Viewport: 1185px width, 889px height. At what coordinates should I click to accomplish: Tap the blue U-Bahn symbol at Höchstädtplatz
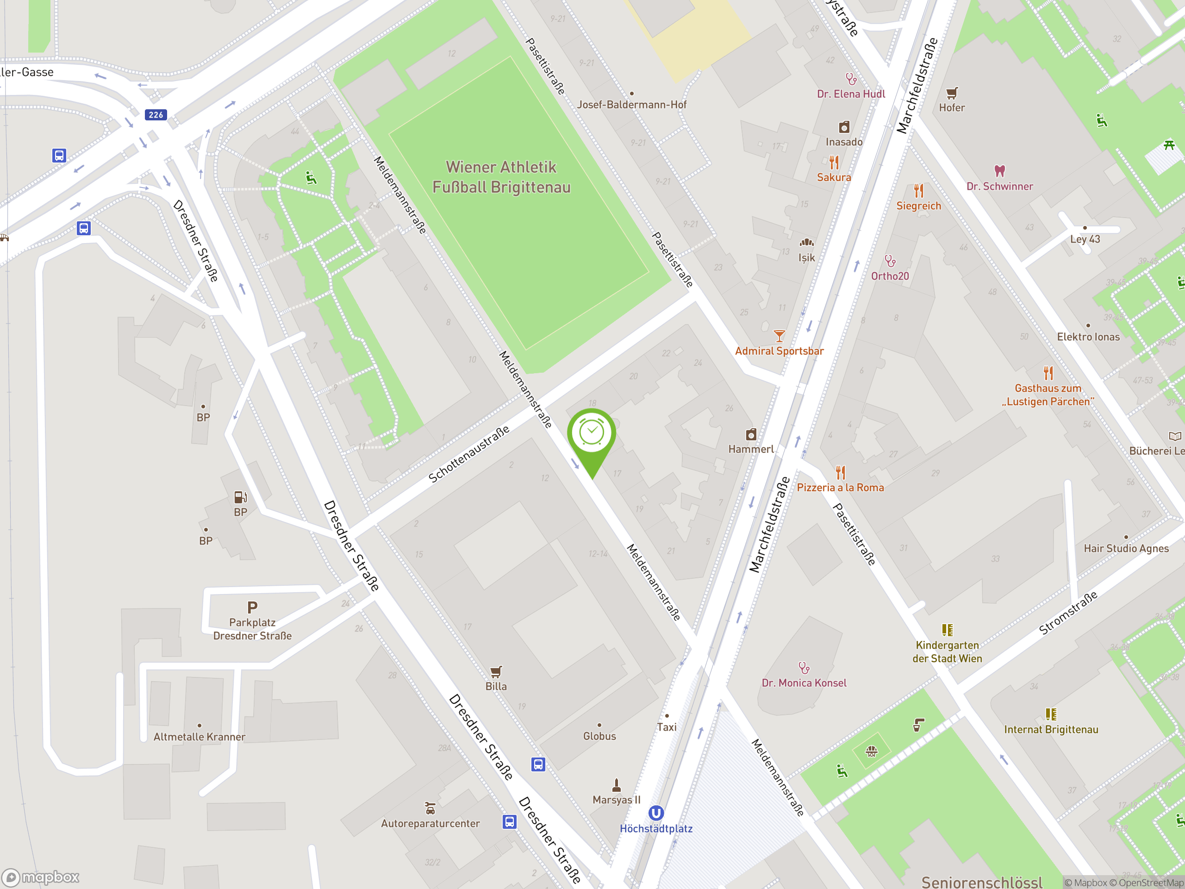[x=656, y=813]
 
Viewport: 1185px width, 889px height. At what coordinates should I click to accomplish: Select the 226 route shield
[x=156, y=115]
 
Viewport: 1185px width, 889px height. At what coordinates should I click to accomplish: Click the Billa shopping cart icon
[x=496, y=671]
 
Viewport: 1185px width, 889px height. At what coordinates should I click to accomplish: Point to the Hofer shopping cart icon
[x=951, y=93]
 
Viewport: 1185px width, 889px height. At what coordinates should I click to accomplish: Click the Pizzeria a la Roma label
[x=840, y=488]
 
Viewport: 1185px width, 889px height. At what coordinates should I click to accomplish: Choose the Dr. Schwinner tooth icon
[x=1000, y=171]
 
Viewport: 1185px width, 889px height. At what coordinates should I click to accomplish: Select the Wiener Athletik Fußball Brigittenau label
[x=501, y=177]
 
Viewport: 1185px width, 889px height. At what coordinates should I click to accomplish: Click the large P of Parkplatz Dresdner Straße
[x=252, y=607]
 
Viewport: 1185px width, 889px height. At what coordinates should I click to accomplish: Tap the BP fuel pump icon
[x=241, y=497]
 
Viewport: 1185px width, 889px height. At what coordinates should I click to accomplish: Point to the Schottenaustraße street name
[x=469, y=454]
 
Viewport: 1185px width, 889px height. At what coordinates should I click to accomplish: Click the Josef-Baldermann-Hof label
[x=631, y=105]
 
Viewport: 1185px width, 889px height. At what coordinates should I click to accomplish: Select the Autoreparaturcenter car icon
[x=430, y=808]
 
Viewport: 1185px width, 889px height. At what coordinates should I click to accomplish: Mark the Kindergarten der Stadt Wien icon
[x=947, y=630]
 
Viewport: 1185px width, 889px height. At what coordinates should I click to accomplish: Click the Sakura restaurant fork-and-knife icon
[x=834, y=162]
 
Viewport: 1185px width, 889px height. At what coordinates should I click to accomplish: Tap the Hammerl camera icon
[x=751, y=434]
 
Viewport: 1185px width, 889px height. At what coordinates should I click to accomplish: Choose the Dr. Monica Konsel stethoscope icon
[x=804, y=668]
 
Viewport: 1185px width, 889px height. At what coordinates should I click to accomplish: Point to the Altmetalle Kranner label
[x=200, y=737]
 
